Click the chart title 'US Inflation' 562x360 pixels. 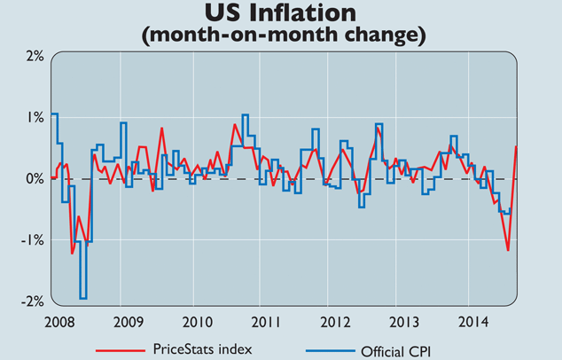281,13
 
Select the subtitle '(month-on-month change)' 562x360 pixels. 281,35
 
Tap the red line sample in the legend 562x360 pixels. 119,348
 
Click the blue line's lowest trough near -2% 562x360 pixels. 82,299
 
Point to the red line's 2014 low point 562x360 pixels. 508,250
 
